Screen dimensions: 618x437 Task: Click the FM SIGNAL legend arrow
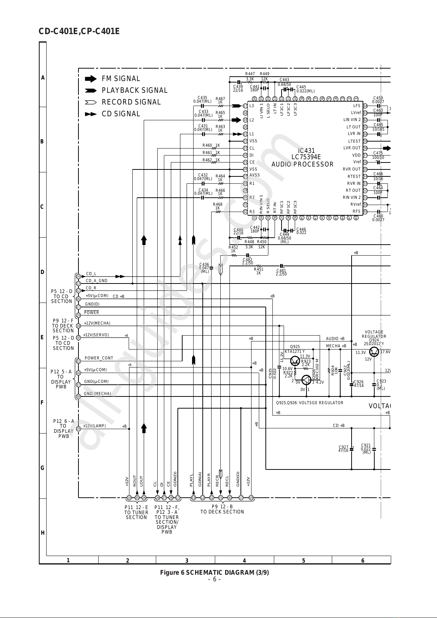(90, 78)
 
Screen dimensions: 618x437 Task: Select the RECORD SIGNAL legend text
(131, 102)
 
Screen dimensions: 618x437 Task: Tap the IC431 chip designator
(306, 151)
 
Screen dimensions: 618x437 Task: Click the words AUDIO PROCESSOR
(302, 165)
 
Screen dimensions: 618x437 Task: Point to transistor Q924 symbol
(374, 352)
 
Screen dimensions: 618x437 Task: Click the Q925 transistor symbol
(295, 361)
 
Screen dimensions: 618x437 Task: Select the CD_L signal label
(91, 274)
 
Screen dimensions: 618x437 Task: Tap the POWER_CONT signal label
(99, 358)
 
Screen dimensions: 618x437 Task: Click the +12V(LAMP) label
(95, 426)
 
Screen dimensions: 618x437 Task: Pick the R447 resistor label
(250, 74)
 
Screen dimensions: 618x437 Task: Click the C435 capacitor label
(202, 98)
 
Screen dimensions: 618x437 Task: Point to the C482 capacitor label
(247, 260)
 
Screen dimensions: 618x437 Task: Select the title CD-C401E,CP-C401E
(79, 32)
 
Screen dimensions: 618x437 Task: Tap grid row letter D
(43, 272)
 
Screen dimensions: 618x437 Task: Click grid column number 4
(245, 560)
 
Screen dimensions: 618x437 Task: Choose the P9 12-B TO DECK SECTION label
(222, 509)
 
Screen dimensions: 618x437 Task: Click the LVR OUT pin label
(352, 148)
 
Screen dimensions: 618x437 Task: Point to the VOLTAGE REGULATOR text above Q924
(374, 334)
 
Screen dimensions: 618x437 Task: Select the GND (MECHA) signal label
(98, 394)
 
